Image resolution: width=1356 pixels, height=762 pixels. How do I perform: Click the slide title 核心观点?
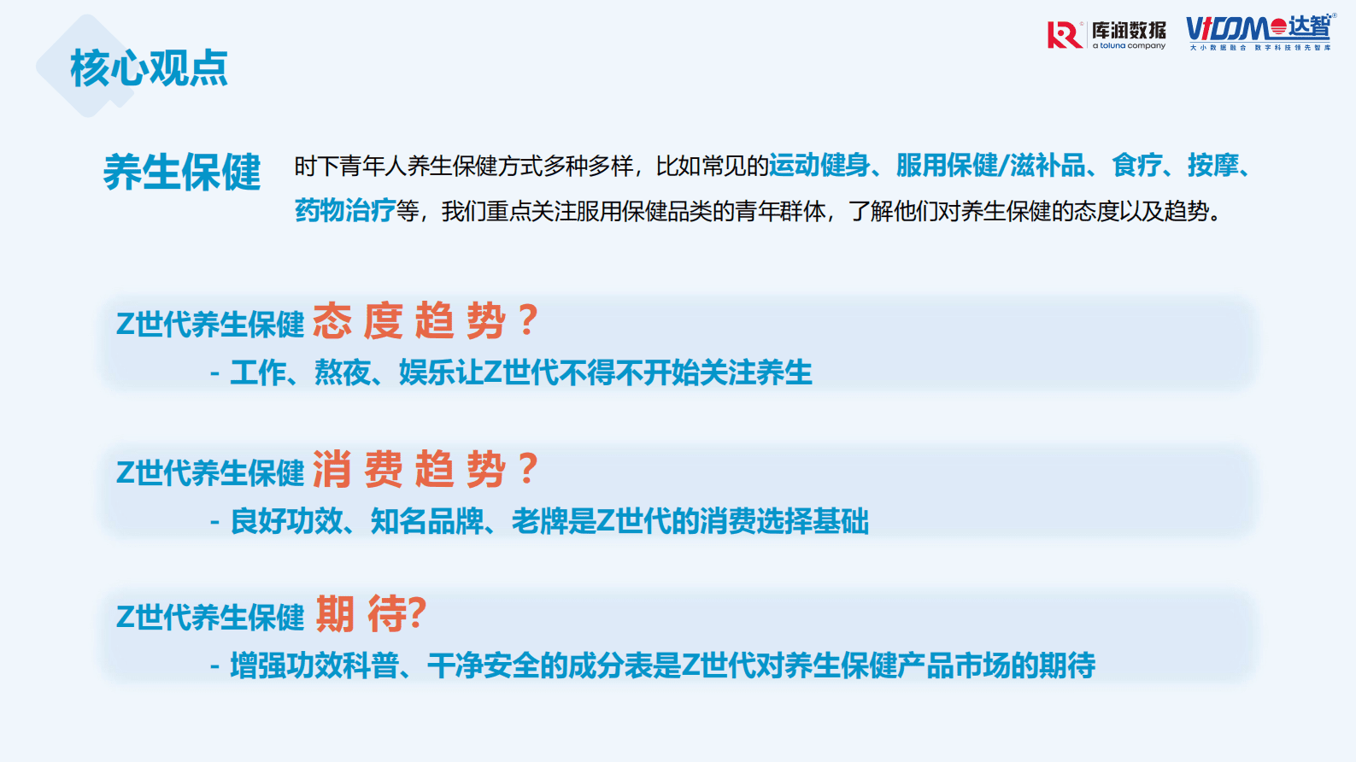click(149, 68)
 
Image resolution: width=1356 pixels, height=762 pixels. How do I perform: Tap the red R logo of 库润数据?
click(1065, 35)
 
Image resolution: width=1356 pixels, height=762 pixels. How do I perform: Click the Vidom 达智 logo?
click(1258, 32)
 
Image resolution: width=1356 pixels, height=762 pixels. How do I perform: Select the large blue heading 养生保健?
click(182, 172)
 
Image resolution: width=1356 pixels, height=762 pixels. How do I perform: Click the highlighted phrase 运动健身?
click(819, 165)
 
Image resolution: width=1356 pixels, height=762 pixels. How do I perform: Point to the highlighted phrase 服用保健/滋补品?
click(989, 165)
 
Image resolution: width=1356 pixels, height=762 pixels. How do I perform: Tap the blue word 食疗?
click(1136, 165)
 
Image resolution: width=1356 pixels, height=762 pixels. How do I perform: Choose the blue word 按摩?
click(1212, 165)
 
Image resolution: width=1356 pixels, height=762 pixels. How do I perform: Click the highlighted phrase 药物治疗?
click(344, 210)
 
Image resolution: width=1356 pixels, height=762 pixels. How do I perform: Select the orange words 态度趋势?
click(408, 321)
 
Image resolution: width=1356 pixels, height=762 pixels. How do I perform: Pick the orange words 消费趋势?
click(408, 470)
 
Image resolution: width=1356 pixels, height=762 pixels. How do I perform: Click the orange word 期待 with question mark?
click(370, 614)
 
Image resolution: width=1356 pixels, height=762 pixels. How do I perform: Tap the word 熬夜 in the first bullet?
click(342, 372)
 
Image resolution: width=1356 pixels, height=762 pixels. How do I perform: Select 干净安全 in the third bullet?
click(483, 665)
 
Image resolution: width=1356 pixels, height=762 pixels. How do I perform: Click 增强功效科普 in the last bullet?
click(314, 665)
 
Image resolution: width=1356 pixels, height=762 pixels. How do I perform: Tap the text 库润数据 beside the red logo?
click(1129, 30)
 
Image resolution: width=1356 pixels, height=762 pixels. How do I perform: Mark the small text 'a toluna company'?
click(1129, 46)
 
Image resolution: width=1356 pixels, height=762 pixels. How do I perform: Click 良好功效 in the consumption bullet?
click(286, 521)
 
